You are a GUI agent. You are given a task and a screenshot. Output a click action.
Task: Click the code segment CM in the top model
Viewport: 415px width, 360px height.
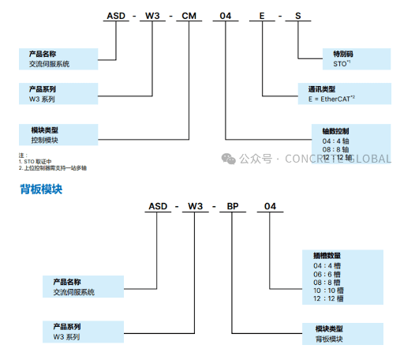pyautogui.click(x=190, y=17)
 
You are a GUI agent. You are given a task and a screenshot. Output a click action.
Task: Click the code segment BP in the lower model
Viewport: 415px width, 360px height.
pyautogui.click(x=234, y=207)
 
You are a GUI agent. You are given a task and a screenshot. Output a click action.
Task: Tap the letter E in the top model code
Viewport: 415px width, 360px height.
pyautogui.click(x=262, y=17)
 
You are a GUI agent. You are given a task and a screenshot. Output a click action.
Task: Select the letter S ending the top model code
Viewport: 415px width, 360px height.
pyautogui.click(x=297, y=17)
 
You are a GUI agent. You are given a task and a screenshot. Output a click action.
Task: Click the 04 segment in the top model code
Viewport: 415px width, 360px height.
pyautogui.click(x=226, y=17)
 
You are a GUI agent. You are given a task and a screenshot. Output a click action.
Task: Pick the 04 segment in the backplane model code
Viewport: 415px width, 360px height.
pyautogui.click(x=270, y=207)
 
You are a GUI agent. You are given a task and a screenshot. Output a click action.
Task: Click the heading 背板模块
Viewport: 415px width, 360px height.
pyautogui.click(x=41, y=189)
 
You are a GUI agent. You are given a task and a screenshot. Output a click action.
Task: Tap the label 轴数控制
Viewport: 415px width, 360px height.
pyautogui.click(x=335, y=130)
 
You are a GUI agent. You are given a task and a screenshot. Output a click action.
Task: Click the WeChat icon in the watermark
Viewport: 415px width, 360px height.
pyautogui.click(x=228, y=158)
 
